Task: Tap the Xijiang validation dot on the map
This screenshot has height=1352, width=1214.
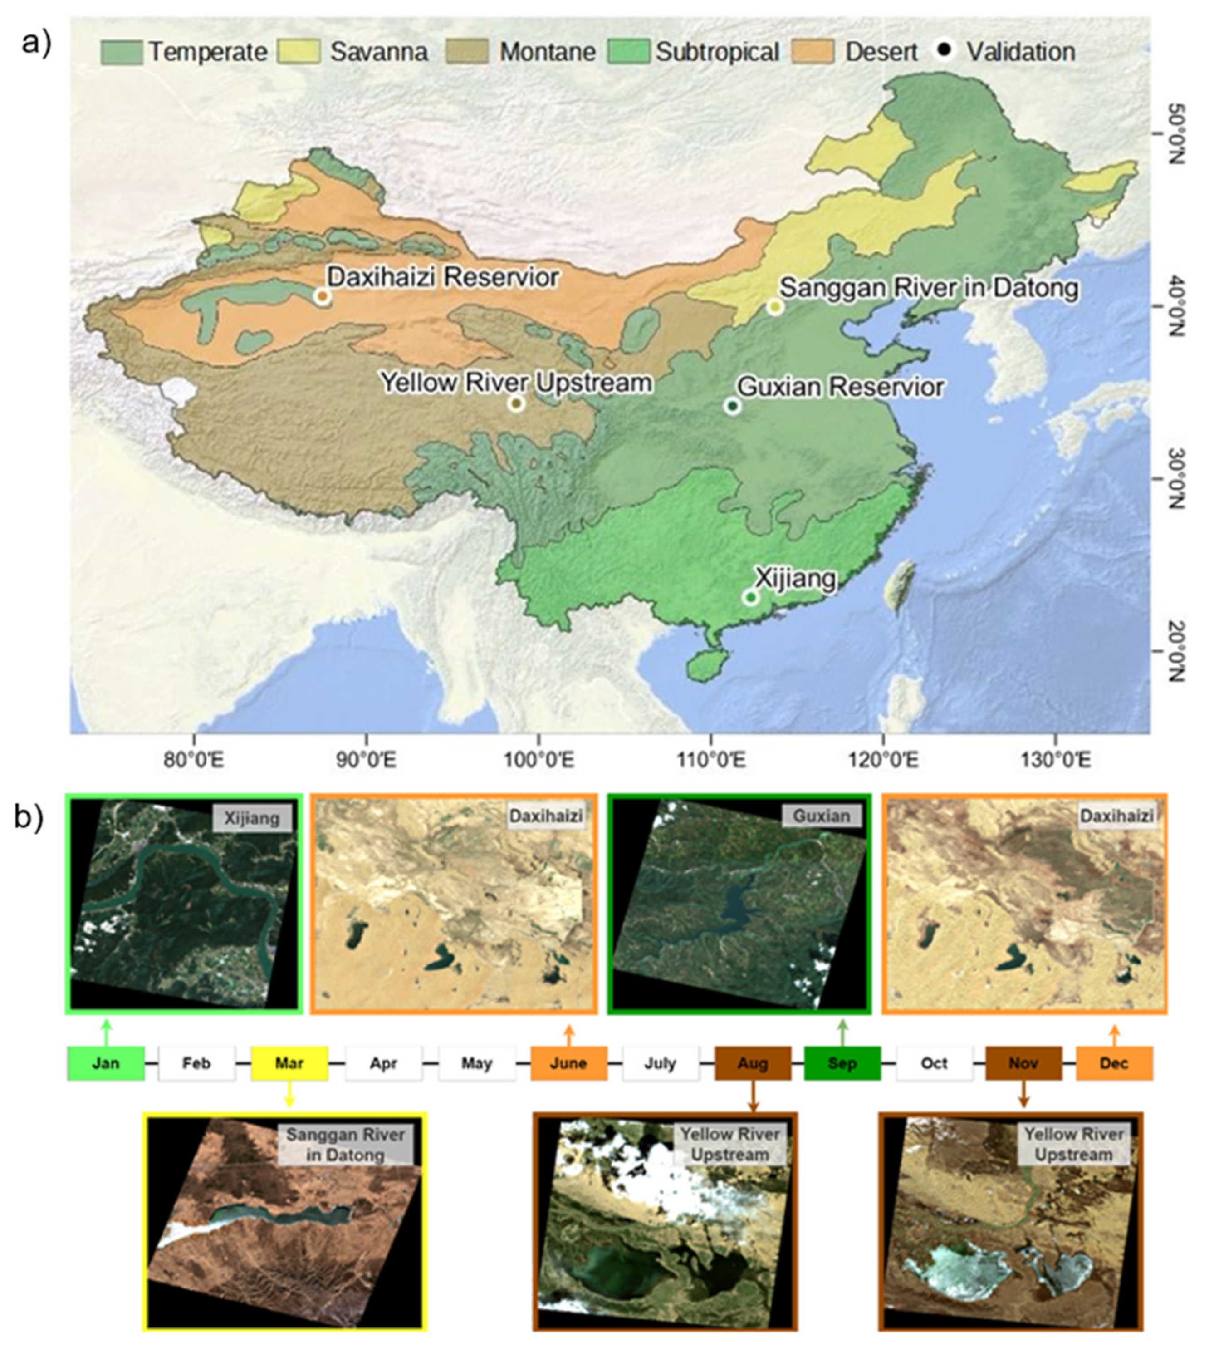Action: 750,597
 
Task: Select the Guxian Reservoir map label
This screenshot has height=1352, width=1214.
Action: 841,387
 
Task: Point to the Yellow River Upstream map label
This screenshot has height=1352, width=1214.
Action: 516,383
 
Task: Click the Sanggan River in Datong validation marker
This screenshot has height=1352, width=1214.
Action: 774,307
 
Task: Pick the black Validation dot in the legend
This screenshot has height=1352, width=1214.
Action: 945,51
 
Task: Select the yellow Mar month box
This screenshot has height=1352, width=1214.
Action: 289,1063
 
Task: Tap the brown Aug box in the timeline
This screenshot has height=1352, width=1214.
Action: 753,1063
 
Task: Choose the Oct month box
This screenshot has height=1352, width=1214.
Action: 934,1063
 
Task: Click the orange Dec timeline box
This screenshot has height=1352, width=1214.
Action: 1114,1063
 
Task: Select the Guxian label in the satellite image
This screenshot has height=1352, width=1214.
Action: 821,816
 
